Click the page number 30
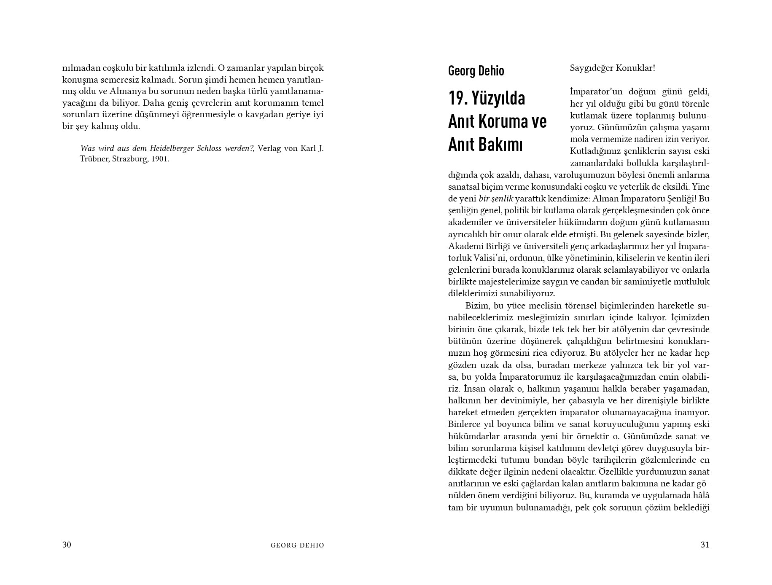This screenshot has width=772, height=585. (67, 545)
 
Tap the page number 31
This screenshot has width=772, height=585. (705, 545)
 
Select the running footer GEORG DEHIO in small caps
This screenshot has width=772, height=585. (297, 545)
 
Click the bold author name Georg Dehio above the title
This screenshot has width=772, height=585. (476, 71)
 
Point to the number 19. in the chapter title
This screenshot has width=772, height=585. (458, 98)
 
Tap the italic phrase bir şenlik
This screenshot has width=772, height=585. (496, 199)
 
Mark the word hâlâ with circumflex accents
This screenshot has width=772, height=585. (701, 495)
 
